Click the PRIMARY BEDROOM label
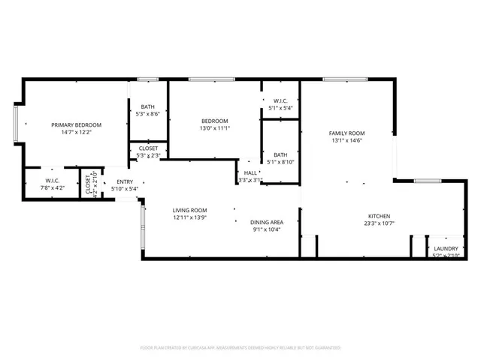(76, 124)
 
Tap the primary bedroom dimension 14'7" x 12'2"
(76, 132)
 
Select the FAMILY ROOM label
(346, 133)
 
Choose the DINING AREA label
(266, 222)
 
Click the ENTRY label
(124, 181)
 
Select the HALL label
(250, 172)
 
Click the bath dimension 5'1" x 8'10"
(280, 162)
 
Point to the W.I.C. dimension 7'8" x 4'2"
(53, 187)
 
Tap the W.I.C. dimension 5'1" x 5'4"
(280, 107)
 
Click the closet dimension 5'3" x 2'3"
(148, 155)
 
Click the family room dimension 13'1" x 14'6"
(346, 140)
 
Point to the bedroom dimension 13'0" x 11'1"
(214, 128)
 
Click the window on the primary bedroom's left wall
(16, 124)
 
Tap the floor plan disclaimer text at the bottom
(240, 348)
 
